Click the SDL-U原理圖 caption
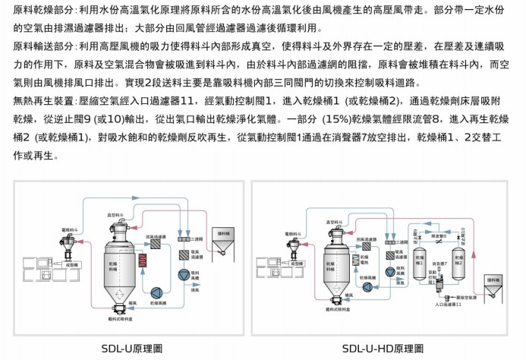[x=132, y=349]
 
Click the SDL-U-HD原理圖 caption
[x=383, y=349]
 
